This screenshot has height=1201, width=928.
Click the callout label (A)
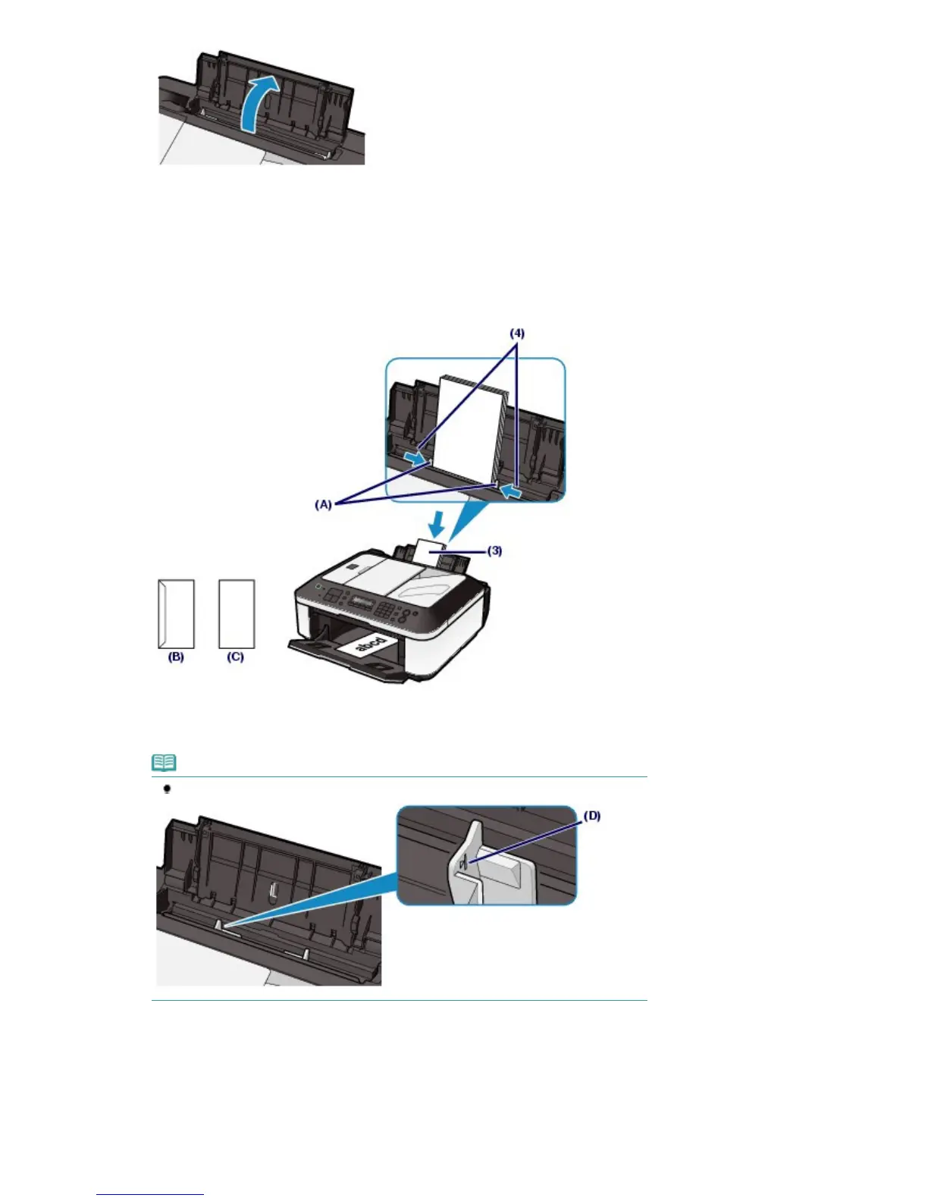(324, 503)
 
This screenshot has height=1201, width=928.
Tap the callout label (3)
(494, 551)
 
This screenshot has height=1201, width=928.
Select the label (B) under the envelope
(176, 657)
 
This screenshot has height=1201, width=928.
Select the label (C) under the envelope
(236, 657)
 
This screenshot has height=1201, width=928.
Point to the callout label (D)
(591, 816)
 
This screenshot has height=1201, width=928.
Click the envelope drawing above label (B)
(176, 613)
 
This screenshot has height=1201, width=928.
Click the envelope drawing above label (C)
(237, 613)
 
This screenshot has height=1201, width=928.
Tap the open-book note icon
(164, 762)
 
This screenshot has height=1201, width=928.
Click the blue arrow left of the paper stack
(414, 457)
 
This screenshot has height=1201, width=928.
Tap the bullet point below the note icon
(167, 789)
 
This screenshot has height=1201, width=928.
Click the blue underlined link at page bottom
(150, 1195)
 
